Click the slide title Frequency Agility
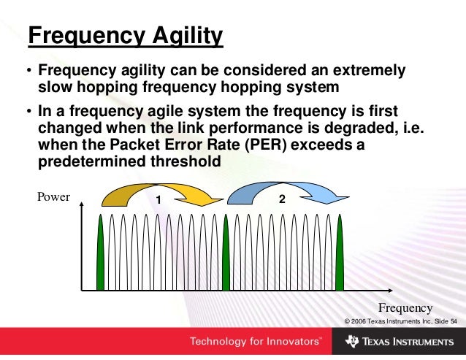coord(125,35)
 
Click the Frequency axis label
coord(405,307)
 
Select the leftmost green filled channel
coord(101,256)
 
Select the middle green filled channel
coord(226,256)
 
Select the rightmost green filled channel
coord(339,256)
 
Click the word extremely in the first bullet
coord(362,72)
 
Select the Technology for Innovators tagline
coord(255,342)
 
